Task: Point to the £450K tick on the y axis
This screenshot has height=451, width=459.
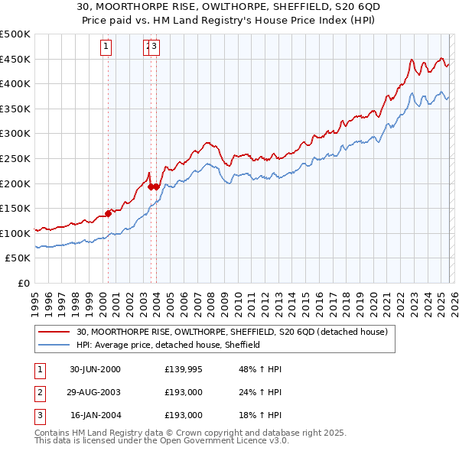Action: (15, 59)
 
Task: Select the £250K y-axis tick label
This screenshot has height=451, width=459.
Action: (15, 158)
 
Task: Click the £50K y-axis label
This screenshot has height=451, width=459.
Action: (18, 258)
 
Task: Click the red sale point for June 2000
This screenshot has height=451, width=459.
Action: (108, 213)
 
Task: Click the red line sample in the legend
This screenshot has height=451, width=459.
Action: (54, 332)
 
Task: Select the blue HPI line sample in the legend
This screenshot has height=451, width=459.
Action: (54, 345)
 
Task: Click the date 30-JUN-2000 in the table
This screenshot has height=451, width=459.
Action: (95, 369)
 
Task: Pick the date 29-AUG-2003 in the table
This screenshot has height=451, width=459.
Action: (95, 392)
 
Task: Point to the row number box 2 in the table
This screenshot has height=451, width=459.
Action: (39, 392)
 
